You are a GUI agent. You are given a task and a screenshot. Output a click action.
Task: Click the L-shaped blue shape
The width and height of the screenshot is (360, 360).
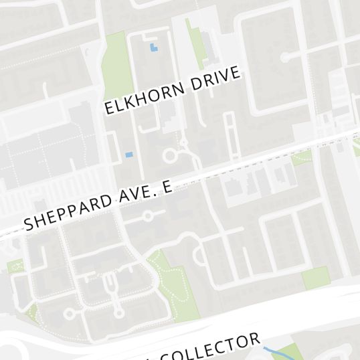155,48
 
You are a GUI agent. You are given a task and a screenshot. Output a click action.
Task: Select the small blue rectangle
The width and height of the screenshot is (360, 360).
129,155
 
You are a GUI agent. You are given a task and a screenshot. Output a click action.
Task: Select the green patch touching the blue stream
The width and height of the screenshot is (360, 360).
286,352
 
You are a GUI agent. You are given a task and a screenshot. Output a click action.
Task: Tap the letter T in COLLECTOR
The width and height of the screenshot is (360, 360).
230,345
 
